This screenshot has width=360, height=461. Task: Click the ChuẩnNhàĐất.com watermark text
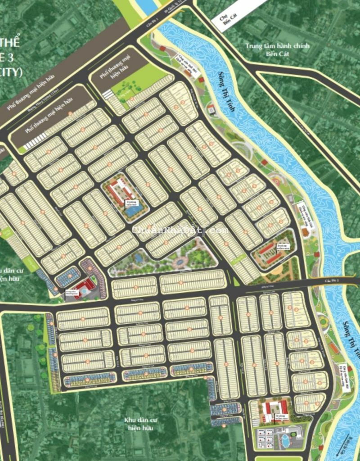click(180, 230)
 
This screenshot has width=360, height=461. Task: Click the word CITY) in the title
click(11, 72)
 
